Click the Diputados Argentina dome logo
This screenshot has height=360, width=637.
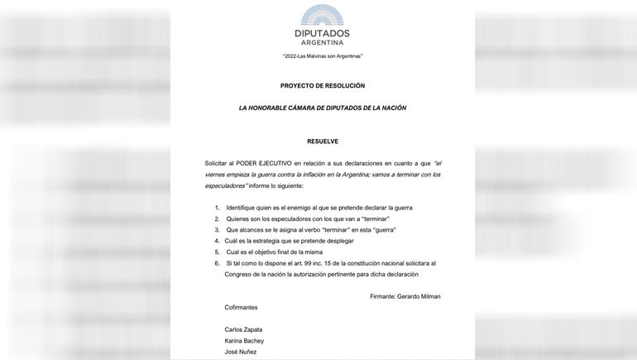322,15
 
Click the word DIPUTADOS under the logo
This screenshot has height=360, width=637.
322,33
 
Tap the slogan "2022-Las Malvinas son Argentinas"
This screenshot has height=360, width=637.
323,56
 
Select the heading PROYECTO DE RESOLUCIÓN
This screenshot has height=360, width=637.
323,86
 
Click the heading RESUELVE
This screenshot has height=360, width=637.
323,142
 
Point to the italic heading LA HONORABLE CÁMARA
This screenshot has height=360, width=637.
323,108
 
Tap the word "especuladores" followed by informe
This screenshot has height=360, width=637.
226,186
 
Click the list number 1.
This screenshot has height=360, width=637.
217,208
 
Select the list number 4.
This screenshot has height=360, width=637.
217,241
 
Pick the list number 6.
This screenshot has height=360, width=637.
217,263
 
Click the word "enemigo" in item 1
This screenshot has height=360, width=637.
298,208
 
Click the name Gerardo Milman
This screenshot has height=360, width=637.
419,296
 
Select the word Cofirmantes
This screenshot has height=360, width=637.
241,308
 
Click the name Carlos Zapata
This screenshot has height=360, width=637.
243,329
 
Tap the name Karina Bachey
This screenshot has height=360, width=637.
244,341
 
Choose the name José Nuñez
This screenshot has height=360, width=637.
240,352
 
